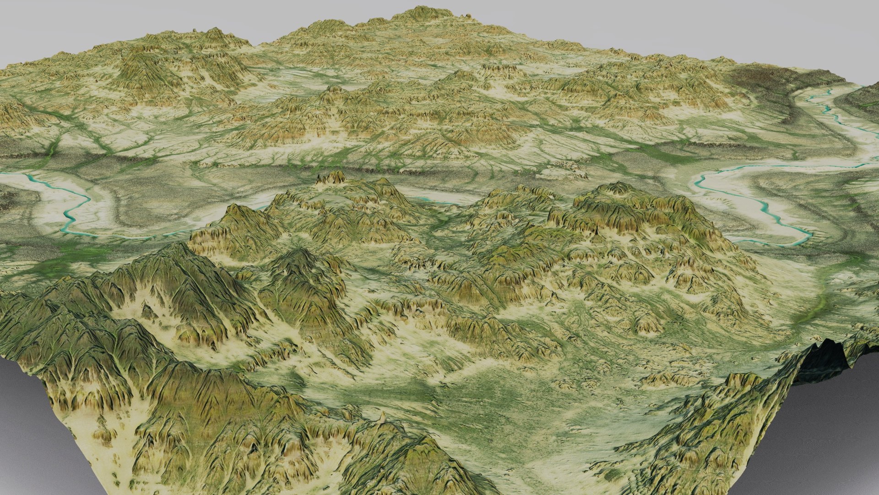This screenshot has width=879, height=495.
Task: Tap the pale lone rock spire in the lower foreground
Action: (x=382, y=417)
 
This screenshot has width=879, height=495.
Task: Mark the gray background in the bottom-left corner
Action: (x=27, y=435)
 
